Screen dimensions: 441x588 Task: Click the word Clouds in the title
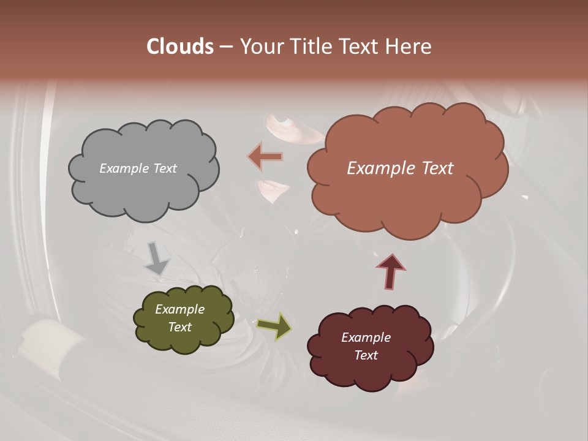pyautogui.click(x=180, y=47)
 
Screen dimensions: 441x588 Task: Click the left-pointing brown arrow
pyautogui.click(x=265, y=157)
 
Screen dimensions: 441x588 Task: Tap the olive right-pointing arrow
pyautogui.click(x=274, y=326)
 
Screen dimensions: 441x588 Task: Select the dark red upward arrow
pyautogui.click(x=391, y=271)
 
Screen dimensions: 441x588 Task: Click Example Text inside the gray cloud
pyautogui.click(x=138, y=168)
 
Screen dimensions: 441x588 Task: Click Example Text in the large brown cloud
pyautogui.click(x=400, y=168)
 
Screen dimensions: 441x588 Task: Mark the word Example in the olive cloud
pyautogui.click(x=179, y=309)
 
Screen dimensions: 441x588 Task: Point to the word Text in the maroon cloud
pyautogui.click(x=366, y=355)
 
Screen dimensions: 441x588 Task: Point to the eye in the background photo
pyautogui.click(x=281, y=118)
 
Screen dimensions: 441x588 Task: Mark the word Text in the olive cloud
pyautogui.click(x=179, y=327)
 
